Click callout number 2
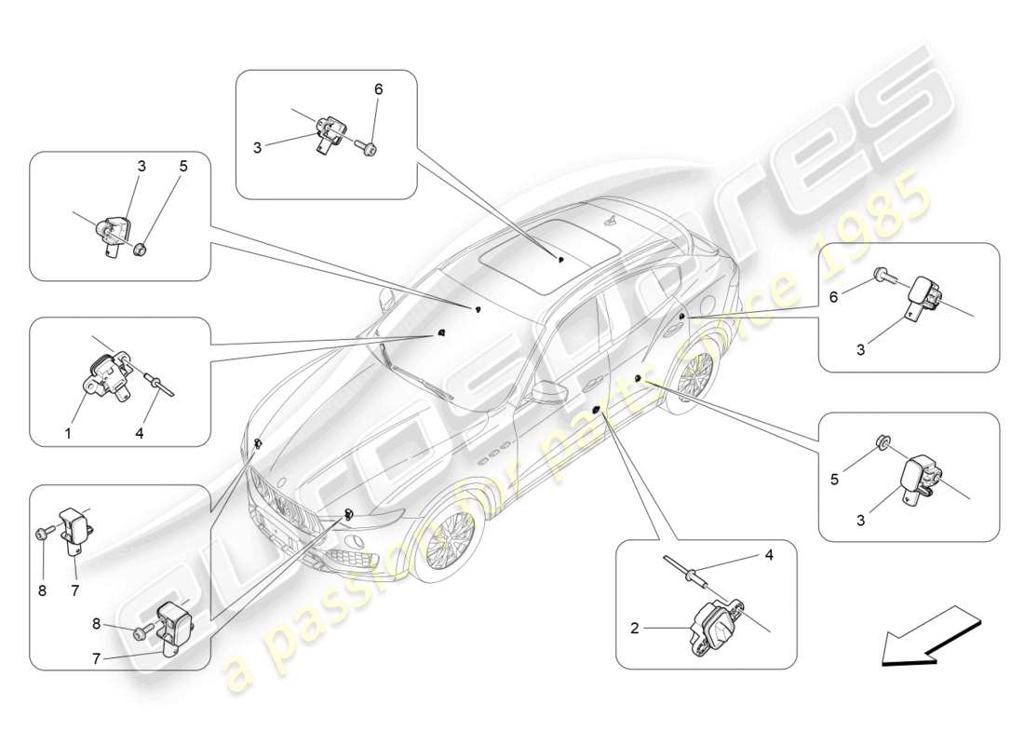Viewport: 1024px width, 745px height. point(634,629)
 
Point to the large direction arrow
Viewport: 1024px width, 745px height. point(927,636)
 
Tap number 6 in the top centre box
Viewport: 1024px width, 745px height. point(378,89)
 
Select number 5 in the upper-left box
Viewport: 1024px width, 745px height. point(183,167)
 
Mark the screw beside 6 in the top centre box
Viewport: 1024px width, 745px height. point(367,146)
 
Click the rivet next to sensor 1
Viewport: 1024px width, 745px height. point(155,378)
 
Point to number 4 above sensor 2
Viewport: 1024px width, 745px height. point(768,555)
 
